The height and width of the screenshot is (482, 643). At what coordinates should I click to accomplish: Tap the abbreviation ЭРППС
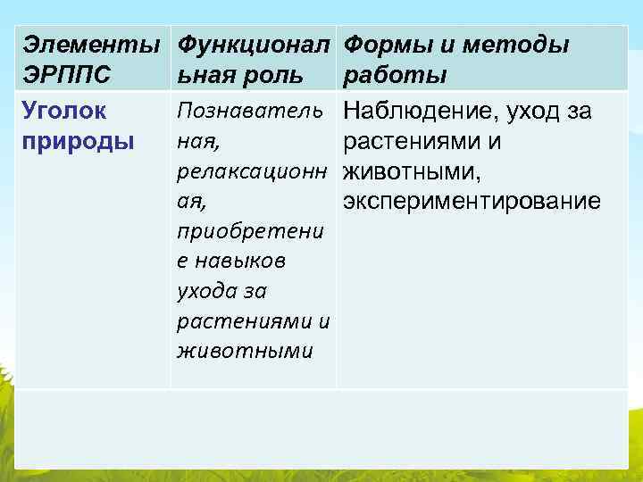67,73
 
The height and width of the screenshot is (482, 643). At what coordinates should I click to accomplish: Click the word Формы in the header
385,44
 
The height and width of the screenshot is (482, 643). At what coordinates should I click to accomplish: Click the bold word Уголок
64,112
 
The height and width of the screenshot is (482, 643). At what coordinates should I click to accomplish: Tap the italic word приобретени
249,232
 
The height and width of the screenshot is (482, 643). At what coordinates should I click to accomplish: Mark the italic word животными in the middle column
245,351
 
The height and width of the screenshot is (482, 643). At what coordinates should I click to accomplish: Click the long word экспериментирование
472,201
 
